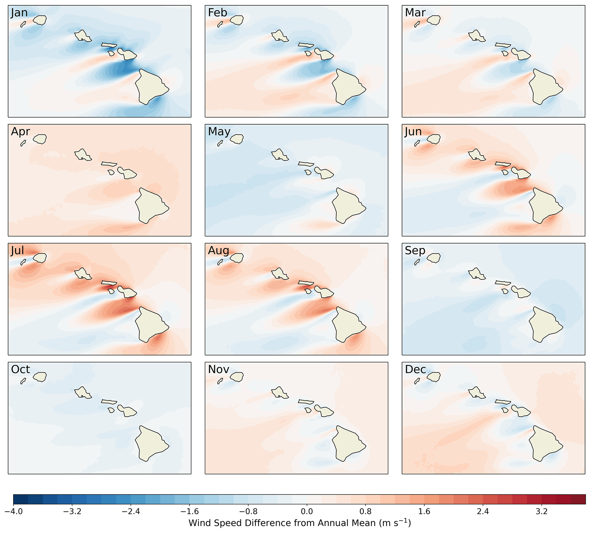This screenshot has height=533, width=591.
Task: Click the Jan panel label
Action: coord(19,13)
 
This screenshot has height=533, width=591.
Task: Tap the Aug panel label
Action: coord(218,250)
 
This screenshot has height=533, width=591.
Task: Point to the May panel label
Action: coord(219,132)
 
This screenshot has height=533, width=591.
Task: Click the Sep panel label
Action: coord(415,250)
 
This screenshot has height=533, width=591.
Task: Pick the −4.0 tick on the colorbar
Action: coord(13,512)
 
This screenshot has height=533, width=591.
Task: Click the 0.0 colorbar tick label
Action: coord(307,512)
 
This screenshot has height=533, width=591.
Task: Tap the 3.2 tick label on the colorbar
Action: coord(542,512)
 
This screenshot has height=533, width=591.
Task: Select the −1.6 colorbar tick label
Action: coord(189,512)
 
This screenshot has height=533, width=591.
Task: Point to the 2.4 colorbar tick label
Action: coord(483,512)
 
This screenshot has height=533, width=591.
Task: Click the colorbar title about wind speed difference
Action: coord(300,523)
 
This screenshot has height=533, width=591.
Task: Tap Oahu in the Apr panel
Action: coord(83,154)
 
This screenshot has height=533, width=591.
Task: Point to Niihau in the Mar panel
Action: coord(417,24)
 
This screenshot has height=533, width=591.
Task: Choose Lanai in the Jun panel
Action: coord(505,172)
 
